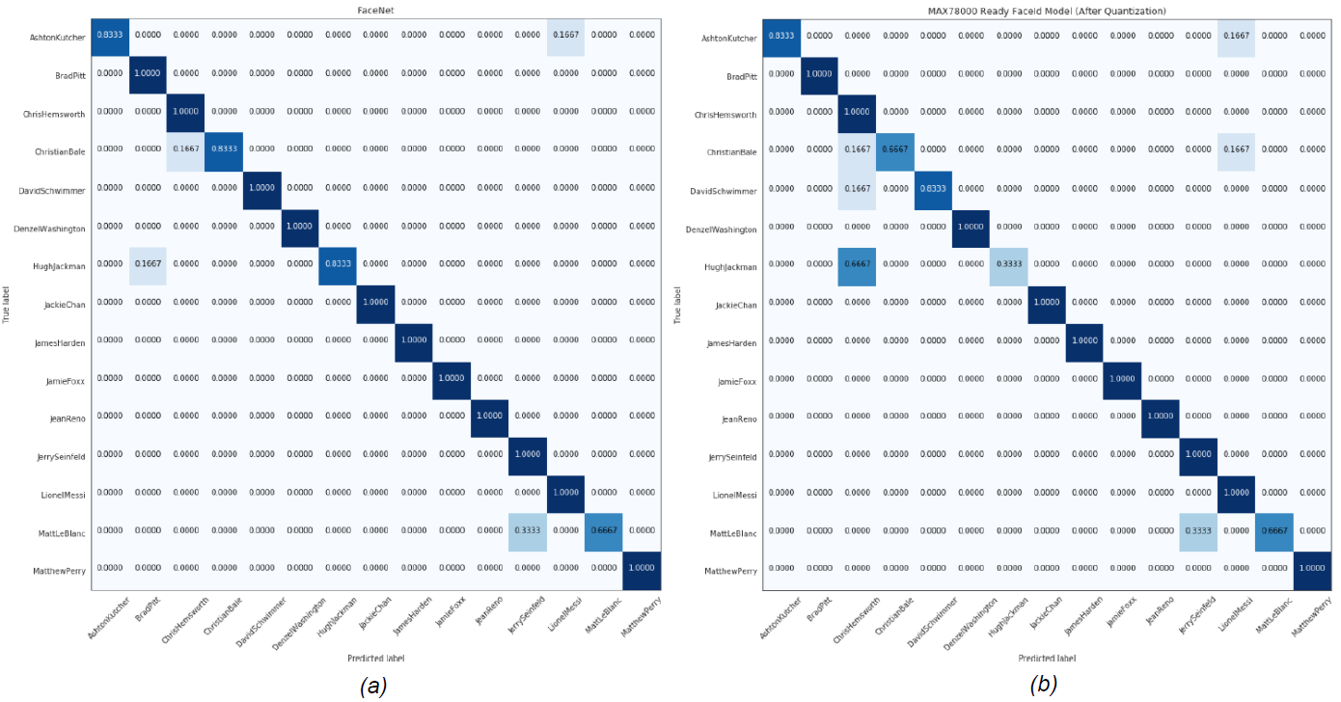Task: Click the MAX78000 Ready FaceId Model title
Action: click(x=1046, y=11)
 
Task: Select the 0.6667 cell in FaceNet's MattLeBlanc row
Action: click(x=602, y=529)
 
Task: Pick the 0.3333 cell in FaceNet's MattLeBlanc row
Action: click(x=527, y=529)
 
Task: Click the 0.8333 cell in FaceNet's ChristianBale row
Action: click(x=223, y=149)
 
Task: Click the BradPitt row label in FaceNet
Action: click(x=67, y=73)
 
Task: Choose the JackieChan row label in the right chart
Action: click(x=734, y=303)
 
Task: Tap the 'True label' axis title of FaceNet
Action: click(x=8, y=302)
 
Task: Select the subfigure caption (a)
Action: click(x=373, y=686)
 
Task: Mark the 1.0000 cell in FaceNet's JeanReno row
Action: click(x=489, y=416)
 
